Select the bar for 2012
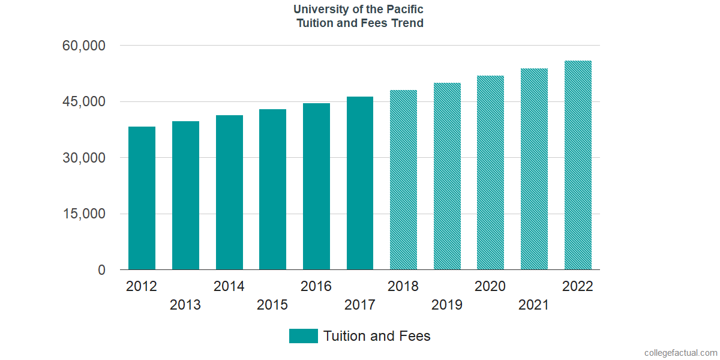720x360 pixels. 142,198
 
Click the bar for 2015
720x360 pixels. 272,190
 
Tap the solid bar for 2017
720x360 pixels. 360,183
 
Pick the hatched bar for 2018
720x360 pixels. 403,180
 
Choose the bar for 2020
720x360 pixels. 490,173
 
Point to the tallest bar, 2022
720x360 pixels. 578,165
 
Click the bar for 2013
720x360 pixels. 185,196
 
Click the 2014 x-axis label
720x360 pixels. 229,286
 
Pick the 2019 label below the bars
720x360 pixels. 447,305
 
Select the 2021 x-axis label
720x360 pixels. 533,305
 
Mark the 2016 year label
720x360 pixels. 316,286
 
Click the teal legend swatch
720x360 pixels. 303,336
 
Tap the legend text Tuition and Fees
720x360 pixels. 377,336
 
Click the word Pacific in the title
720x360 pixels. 404,10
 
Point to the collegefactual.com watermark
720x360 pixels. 680,353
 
